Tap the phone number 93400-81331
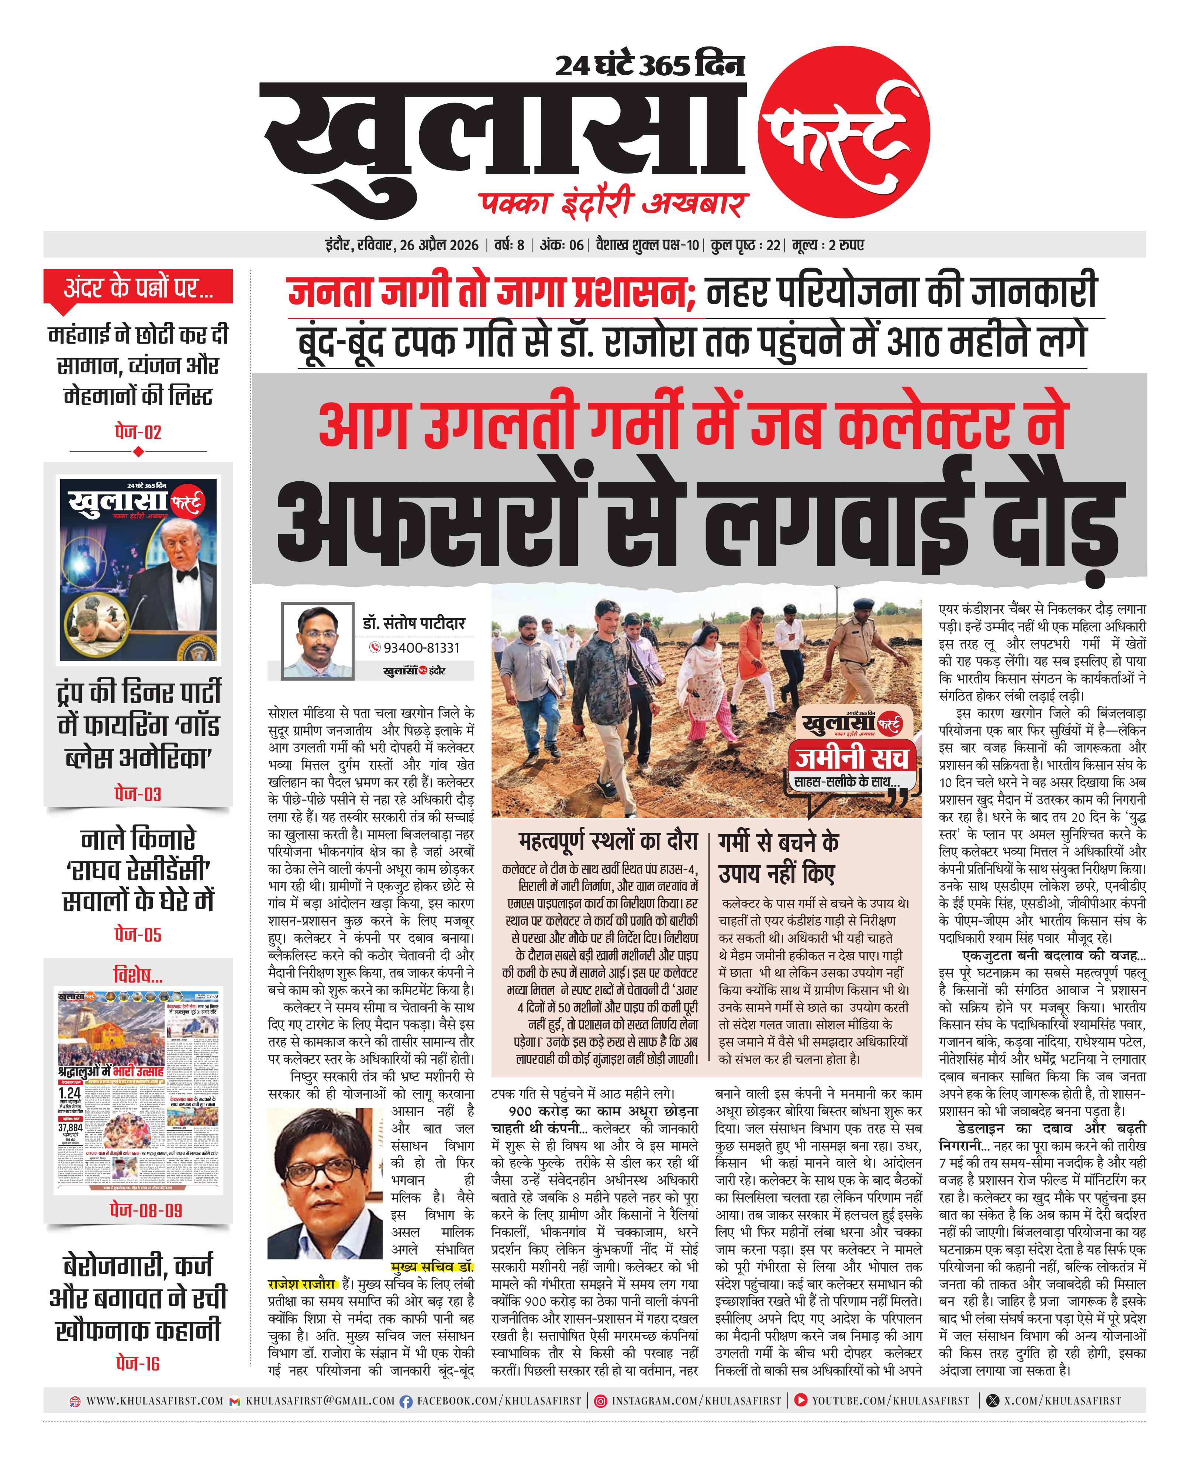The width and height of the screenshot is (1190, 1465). click(x=421, y=647)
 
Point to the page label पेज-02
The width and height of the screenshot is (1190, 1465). click(x=138, y=432)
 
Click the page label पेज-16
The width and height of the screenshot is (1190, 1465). click(x=138, y=1363)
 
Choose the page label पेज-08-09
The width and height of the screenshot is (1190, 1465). click(x=138, y=1210)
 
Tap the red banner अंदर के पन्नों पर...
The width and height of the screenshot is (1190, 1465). click(x=138, y=288)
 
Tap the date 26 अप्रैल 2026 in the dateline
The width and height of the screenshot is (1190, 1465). click(x=439, y=245)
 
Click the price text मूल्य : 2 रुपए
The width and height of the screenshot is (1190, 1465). click(x=828, y=245)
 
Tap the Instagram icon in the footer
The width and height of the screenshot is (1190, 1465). click(x=600, y=1400)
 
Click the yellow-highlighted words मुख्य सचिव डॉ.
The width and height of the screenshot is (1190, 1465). click(x=432, y=1266)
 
